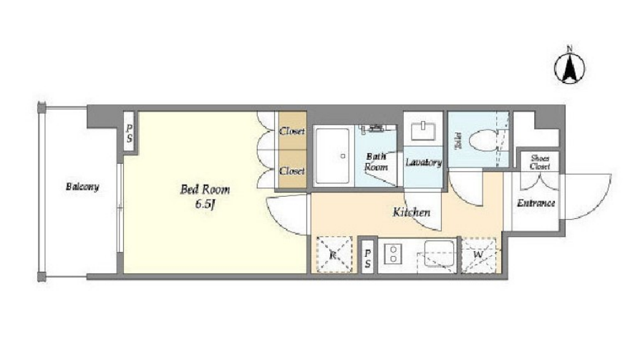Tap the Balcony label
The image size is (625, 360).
tap(82, 187)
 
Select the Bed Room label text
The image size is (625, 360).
tap(205, 189)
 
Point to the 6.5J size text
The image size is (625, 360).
tap(205, 205)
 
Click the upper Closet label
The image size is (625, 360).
tap(292, 131)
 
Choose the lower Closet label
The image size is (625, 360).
tap(292, 171)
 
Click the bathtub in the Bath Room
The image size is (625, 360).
tap(332, 156)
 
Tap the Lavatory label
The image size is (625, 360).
tap(423, 162)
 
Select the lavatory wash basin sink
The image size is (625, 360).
tap(423, 131)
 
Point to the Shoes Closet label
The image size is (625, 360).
tap(540, 162)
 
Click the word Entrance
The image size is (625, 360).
tap(536, 203)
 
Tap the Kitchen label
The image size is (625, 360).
tap(412, 212)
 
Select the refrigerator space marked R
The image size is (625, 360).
tap(334, 254)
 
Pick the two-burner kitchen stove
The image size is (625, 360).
tap(393, 254)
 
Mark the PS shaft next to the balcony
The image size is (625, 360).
tap(130, 133)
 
